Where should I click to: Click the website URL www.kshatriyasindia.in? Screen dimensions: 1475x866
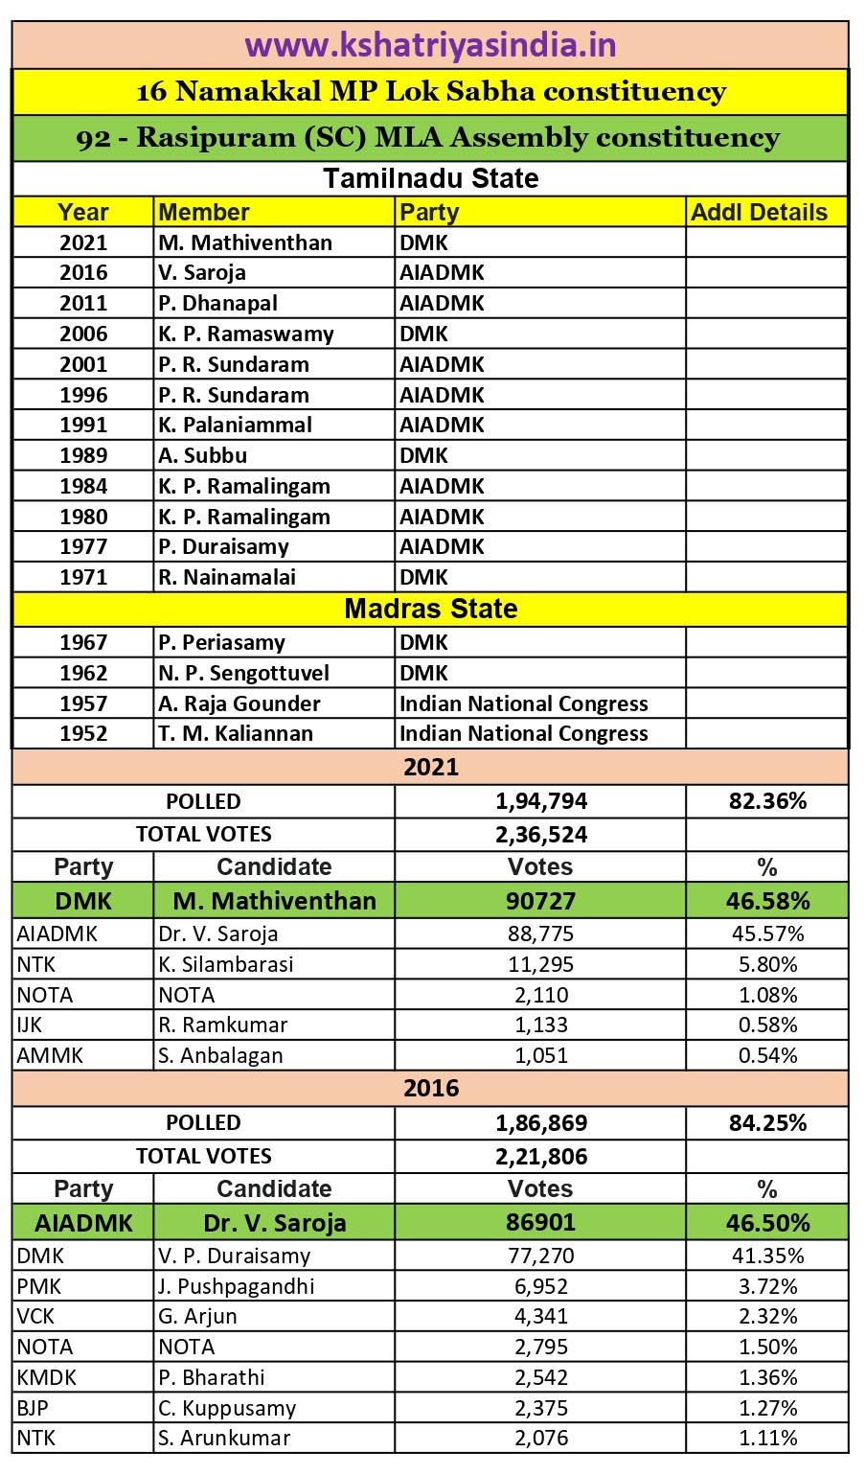(x=430, y=45)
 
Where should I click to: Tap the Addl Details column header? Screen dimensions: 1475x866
(x=759, y=212)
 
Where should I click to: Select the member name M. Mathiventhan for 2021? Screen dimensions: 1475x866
(x=245, y=242)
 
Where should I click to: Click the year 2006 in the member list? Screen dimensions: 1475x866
(x=83, y=334)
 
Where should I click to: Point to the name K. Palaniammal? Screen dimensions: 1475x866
(x=236, y=425)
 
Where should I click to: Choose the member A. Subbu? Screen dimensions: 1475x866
(x=203, y=455)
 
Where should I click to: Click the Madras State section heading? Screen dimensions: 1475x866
(x=430, y=609)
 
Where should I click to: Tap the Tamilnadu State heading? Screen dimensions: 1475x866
(x=430, y=178)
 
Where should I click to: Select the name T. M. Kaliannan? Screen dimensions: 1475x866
(x=236, y=733)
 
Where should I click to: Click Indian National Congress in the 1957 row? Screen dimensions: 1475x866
(x=524, y=703)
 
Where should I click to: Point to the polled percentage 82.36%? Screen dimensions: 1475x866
(x=767, y=801)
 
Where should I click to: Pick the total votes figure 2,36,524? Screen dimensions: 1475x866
(x=541, y=834)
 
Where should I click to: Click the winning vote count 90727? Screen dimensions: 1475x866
(x=541, y=901)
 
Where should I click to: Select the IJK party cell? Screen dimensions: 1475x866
(x=30, y=1025)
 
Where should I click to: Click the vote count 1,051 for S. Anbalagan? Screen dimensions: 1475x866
(x=541, y=1055)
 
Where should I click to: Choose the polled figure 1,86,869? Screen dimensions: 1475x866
(x=541, y=1122)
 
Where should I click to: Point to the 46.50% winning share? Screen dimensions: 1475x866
(x=767, y=1223)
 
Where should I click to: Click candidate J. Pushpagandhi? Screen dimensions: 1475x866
(x=237, y=1286)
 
